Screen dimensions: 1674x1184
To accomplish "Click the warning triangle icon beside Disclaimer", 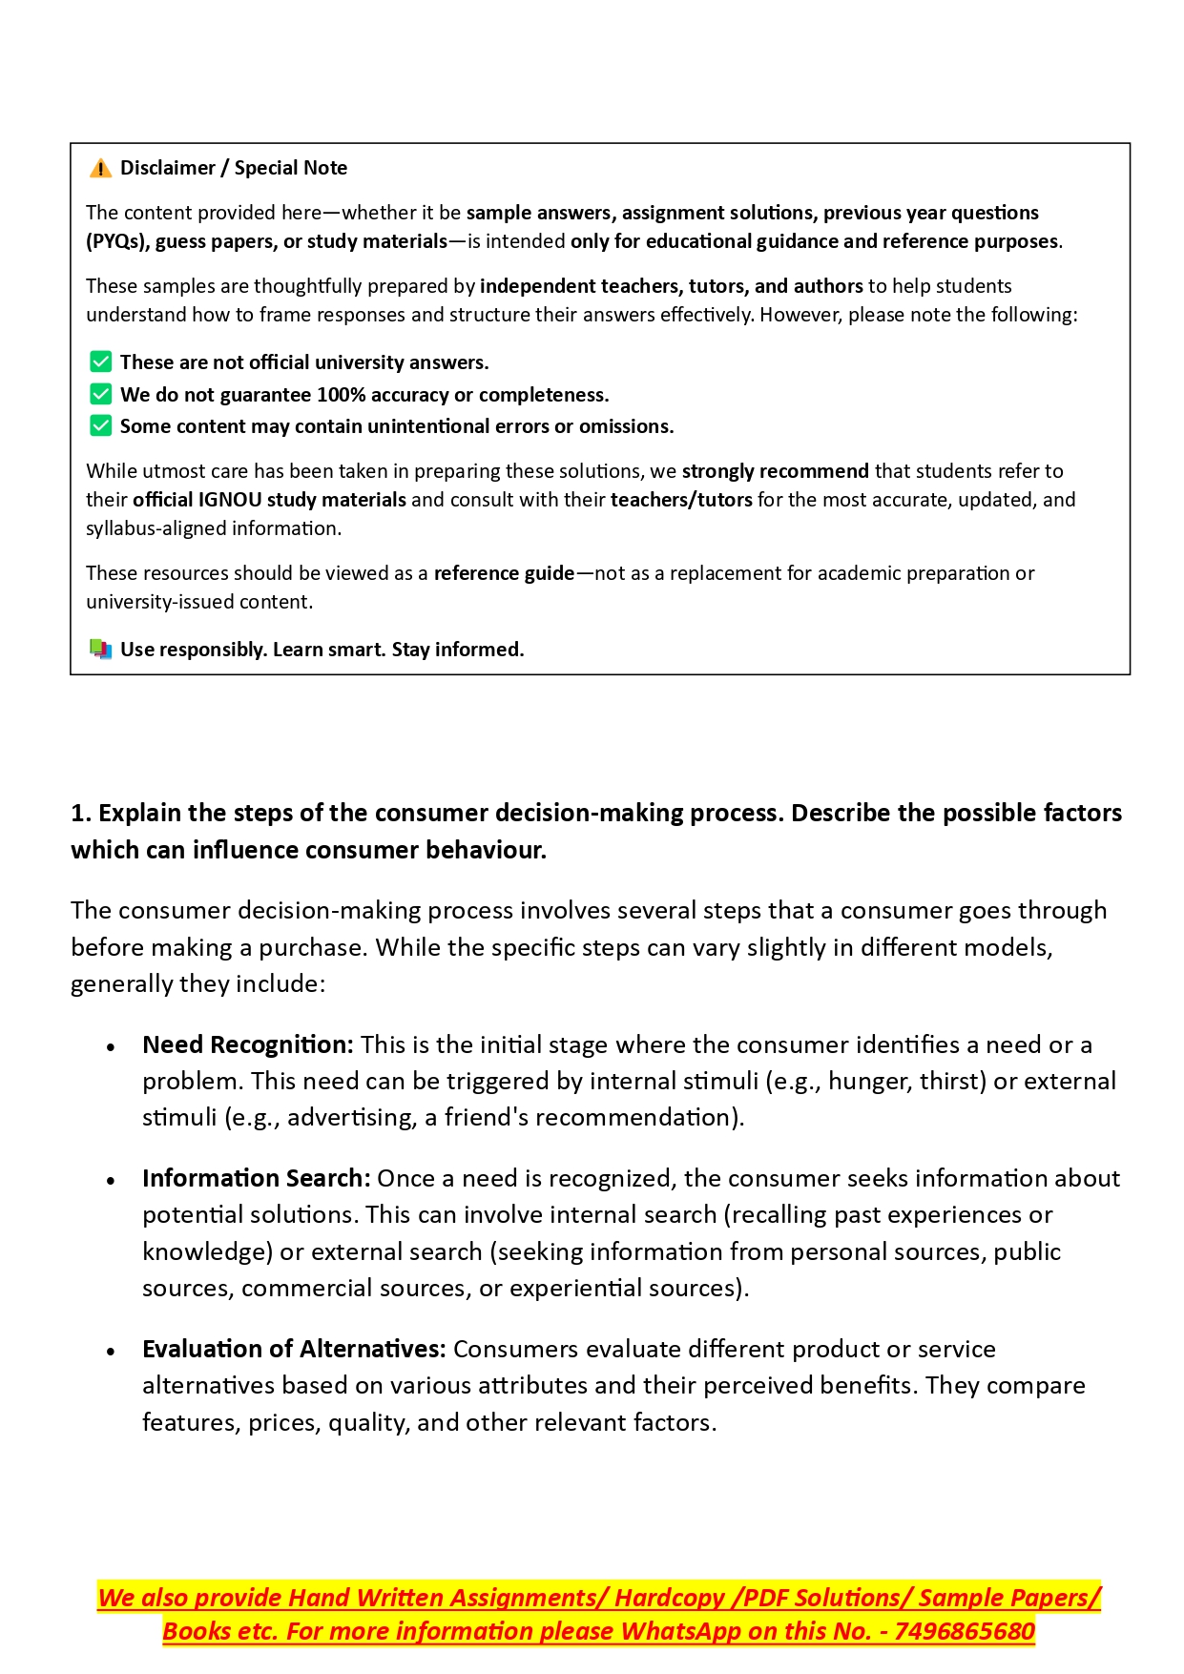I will pyautogui.click(x=100, y=169).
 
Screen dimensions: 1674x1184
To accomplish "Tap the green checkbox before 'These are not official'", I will pyautogui.click(x=100, y=362).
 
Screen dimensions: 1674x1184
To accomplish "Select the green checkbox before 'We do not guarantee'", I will pyautogui.click(x=100, y=395).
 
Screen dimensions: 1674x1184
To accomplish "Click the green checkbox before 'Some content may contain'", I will pyautogui.click(x=100, y=426).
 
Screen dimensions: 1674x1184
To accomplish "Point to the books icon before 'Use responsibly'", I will pyautogui.click(x=100, y=650).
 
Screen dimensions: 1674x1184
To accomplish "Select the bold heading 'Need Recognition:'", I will pyautogui.click(x=248, y=1044).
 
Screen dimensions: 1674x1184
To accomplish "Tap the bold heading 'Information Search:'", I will pyautogui.click(x=256, y=1178).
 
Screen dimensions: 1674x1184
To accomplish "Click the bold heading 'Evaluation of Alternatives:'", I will pyautogui.click(x=294, y=1349).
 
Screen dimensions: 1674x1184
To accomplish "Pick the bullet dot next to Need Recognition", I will pyautogui.click(x=112, y=1047).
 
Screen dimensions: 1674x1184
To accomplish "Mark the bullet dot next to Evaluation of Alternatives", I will pyautogui.click(x=112, y=1352).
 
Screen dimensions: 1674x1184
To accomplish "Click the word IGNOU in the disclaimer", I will pyautogui.click(x=230, y=500).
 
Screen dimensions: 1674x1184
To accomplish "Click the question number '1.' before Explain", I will pyautogui.click(x=81, y=813).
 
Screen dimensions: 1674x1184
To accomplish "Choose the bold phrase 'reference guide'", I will pyautogui.click(x=504, y=573).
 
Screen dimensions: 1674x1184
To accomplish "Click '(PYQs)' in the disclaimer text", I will pyautogui.click(x=117, y=241).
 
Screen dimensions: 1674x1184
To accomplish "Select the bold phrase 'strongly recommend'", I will pyautogui.click(x=775, y=471).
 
